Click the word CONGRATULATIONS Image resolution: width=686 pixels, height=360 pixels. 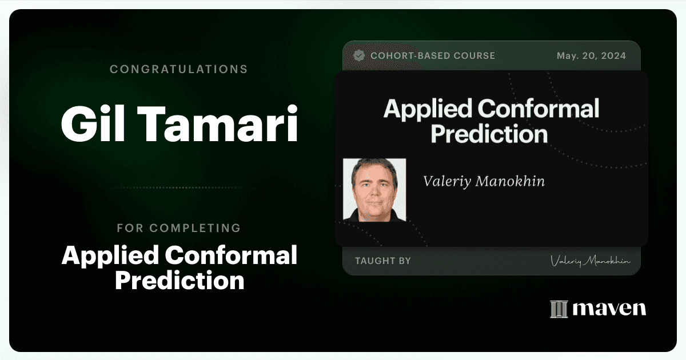178,69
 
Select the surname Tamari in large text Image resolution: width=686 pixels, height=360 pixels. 217,123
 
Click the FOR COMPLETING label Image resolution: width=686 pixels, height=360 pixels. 178,228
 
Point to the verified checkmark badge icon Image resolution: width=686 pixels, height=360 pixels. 359,55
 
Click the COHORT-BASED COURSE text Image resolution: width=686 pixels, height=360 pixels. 433,56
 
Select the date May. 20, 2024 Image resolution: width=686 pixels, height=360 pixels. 591,56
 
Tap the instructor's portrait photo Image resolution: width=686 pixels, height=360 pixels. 374,190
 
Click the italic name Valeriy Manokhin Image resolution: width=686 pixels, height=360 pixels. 484,181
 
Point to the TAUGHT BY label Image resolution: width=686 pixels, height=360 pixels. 383,261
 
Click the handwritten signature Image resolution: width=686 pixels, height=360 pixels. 590,261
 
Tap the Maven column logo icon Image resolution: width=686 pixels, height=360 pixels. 559,309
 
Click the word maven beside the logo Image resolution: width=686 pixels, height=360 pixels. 609,309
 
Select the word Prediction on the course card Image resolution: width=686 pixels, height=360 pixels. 489,134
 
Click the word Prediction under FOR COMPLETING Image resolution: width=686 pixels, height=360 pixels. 180,280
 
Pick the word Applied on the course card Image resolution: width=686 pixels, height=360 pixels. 428,109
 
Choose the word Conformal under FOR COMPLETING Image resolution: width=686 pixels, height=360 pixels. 231,255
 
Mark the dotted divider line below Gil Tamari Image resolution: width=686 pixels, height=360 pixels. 178,187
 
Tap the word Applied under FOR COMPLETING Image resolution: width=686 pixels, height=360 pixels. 110,255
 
